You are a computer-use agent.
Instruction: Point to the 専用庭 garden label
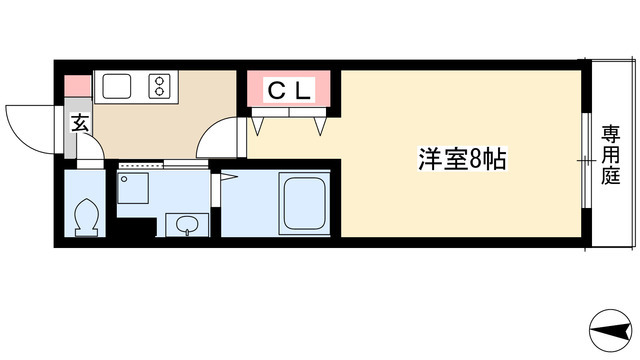610,155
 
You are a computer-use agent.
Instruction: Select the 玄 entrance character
78,124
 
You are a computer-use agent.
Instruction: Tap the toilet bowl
85,216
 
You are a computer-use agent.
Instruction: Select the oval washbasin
182,226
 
